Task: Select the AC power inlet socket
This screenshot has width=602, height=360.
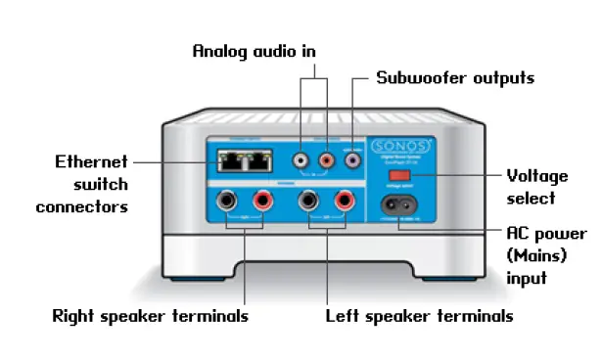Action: tap(401, 206)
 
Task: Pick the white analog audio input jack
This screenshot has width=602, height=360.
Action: tap(301, 157)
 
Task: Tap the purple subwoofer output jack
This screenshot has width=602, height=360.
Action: tap(351, 157)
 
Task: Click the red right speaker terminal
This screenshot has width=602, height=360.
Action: tap(262, 202)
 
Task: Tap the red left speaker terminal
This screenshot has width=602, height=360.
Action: tap(342, 202)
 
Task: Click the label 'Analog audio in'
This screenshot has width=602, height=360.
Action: tap(254, 50)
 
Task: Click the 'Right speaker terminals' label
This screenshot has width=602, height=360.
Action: tap(150, 316)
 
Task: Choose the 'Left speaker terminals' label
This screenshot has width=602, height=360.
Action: tap(419, 316)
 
